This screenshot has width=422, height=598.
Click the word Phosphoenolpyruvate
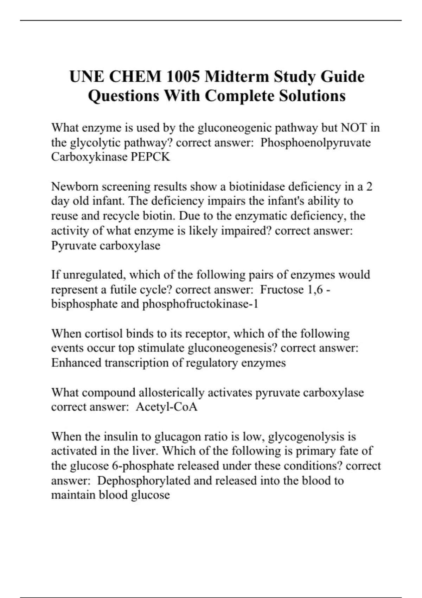(x=315, y=142)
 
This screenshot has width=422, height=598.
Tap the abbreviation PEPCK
(x=151, y=157)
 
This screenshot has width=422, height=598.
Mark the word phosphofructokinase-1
(x=200, y=304)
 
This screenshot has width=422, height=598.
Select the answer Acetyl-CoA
(x=166, y=407)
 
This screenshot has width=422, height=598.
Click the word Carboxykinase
(x=89, y=157)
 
